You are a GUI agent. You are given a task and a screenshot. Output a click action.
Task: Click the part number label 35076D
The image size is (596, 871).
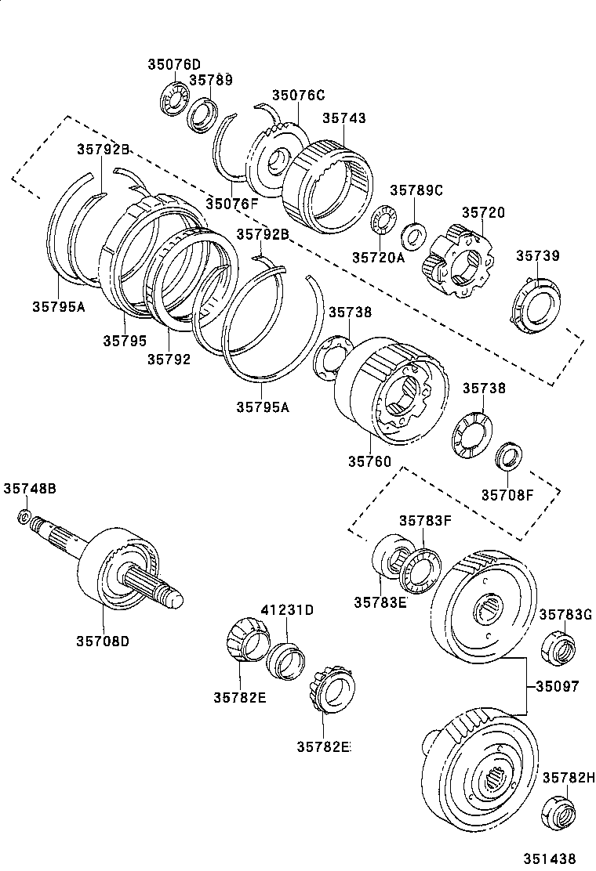coord(174,64)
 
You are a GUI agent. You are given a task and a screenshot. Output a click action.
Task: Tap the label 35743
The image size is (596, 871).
coord(344,118)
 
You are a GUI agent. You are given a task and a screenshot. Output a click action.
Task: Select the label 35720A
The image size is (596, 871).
coord(378,257)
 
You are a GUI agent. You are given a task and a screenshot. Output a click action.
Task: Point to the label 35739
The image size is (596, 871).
coord(538,256)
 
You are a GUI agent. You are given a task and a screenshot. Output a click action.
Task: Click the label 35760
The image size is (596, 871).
coord(369,462)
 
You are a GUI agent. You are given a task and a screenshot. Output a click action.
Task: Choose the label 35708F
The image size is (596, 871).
coord(507,494)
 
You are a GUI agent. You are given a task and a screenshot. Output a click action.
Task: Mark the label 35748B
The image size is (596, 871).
coord(29,488)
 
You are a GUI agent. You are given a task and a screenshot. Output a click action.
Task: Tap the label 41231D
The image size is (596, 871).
coord(287,610)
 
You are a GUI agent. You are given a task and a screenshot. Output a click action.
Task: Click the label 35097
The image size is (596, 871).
coord(558,686)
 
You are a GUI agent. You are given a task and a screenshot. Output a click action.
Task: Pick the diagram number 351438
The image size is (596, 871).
coord(552,858)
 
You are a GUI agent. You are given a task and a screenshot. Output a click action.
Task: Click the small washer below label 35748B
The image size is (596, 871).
coord(25,516)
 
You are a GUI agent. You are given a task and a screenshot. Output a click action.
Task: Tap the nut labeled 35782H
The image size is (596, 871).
coord(559,812)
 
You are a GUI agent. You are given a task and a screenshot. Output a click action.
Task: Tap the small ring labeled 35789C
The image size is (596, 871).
coord(413,233)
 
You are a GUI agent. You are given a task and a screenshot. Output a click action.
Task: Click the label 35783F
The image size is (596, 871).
coord(424,520)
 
